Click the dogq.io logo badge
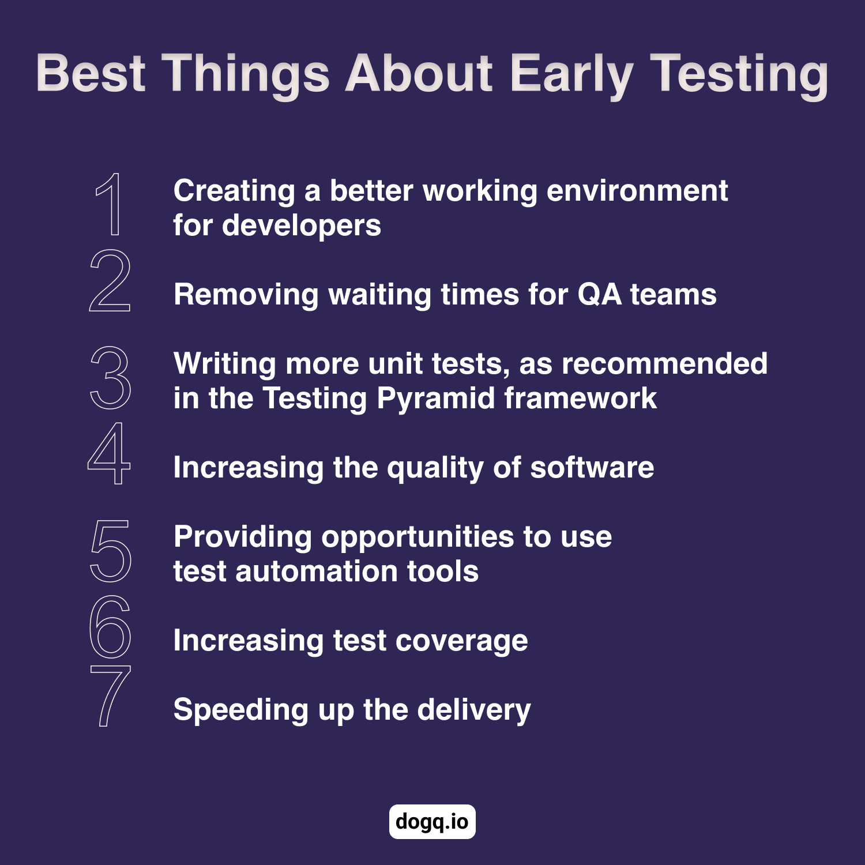432,821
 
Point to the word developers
301,226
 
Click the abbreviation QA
599,295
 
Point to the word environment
637,191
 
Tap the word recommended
665,364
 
